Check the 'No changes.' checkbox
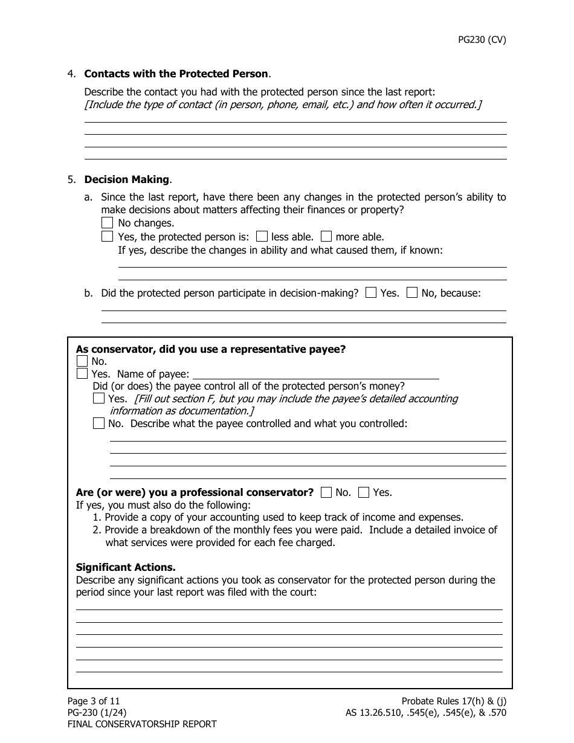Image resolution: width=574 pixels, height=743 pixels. click(107, 223)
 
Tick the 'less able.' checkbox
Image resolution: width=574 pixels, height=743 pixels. click(262, 237)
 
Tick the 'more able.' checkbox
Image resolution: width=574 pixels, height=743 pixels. click(326, 237)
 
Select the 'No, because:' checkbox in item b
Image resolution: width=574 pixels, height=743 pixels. click(412, 293)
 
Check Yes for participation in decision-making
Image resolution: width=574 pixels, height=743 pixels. click(372, 293)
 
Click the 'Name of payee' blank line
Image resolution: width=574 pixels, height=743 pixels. click(315, 374)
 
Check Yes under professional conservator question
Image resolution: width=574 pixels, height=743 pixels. click(364, 492)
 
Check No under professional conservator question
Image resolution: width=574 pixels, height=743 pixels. click(326, 492)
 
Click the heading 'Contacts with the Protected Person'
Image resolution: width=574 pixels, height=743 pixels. click(176, 74)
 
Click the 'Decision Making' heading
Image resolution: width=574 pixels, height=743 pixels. click(127, 179)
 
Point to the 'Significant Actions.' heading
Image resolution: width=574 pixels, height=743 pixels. click(126, 567)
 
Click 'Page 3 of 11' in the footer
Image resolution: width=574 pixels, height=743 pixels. click(94, 701)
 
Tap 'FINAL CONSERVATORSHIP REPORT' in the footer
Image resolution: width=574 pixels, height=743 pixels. click(141, 724)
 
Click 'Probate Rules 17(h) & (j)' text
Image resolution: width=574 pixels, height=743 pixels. click(454, 701)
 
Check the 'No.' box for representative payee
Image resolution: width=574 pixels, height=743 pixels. click(82, 361)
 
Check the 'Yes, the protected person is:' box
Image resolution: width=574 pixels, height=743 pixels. click(107, 237)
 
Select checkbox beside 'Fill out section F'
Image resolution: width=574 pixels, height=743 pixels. click(99, 399)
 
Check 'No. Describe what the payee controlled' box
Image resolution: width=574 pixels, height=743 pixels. click(99, 423)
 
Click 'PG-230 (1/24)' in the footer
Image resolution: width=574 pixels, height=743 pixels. click(97, 712)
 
